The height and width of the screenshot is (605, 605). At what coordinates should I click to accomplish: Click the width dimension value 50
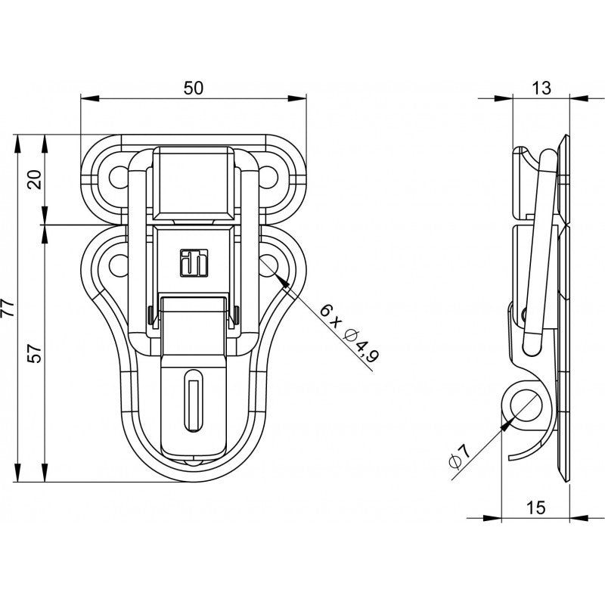(193, 88)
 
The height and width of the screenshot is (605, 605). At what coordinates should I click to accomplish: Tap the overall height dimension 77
(8, 308)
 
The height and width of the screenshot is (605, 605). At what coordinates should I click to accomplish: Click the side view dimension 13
(541, 88)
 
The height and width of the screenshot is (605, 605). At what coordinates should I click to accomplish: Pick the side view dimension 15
(536, 507)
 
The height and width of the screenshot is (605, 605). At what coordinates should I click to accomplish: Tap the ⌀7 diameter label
(460, 457)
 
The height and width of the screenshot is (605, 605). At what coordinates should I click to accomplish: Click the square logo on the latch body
(194, 263)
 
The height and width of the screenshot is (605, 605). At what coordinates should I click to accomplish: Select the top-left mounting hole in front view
(119, 177)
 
